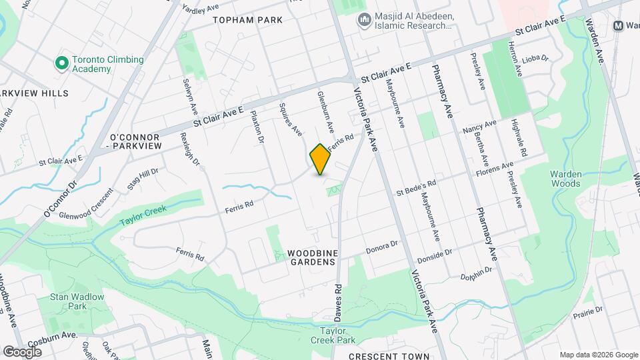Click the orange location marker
click(x=320, y=159)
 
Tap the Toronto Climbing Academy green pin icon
click(x=61, y=64)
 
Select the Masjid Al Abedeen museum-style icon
click(x=364, y=21)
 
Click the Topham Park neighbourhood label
click(x=248, y=20)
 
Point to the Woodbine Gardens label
click(x=311, y=257)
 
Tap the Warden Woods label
click(x=566, y=178)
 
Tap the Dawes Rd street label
click(x=338, y=303)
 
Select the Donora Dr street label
click(x=382, y=249)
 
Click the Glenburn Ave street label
click(x=325, y=110)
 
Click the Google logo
click(x=22, y=351)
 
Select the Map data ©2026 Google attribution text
click(x=598, y=355)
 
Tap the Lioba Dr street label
click(x=535, y=59)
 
